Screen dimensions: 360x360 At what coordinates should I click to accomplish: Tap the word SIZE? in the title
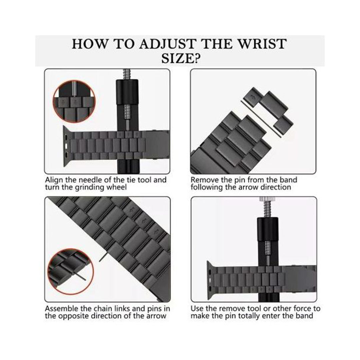coord(180,58)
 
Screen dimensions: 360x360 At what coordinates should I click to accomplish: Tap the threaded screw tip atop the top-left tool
coord(127,74)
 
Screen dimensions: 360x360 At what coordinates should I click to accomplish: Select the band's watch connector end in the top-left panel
coord(67,146)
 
